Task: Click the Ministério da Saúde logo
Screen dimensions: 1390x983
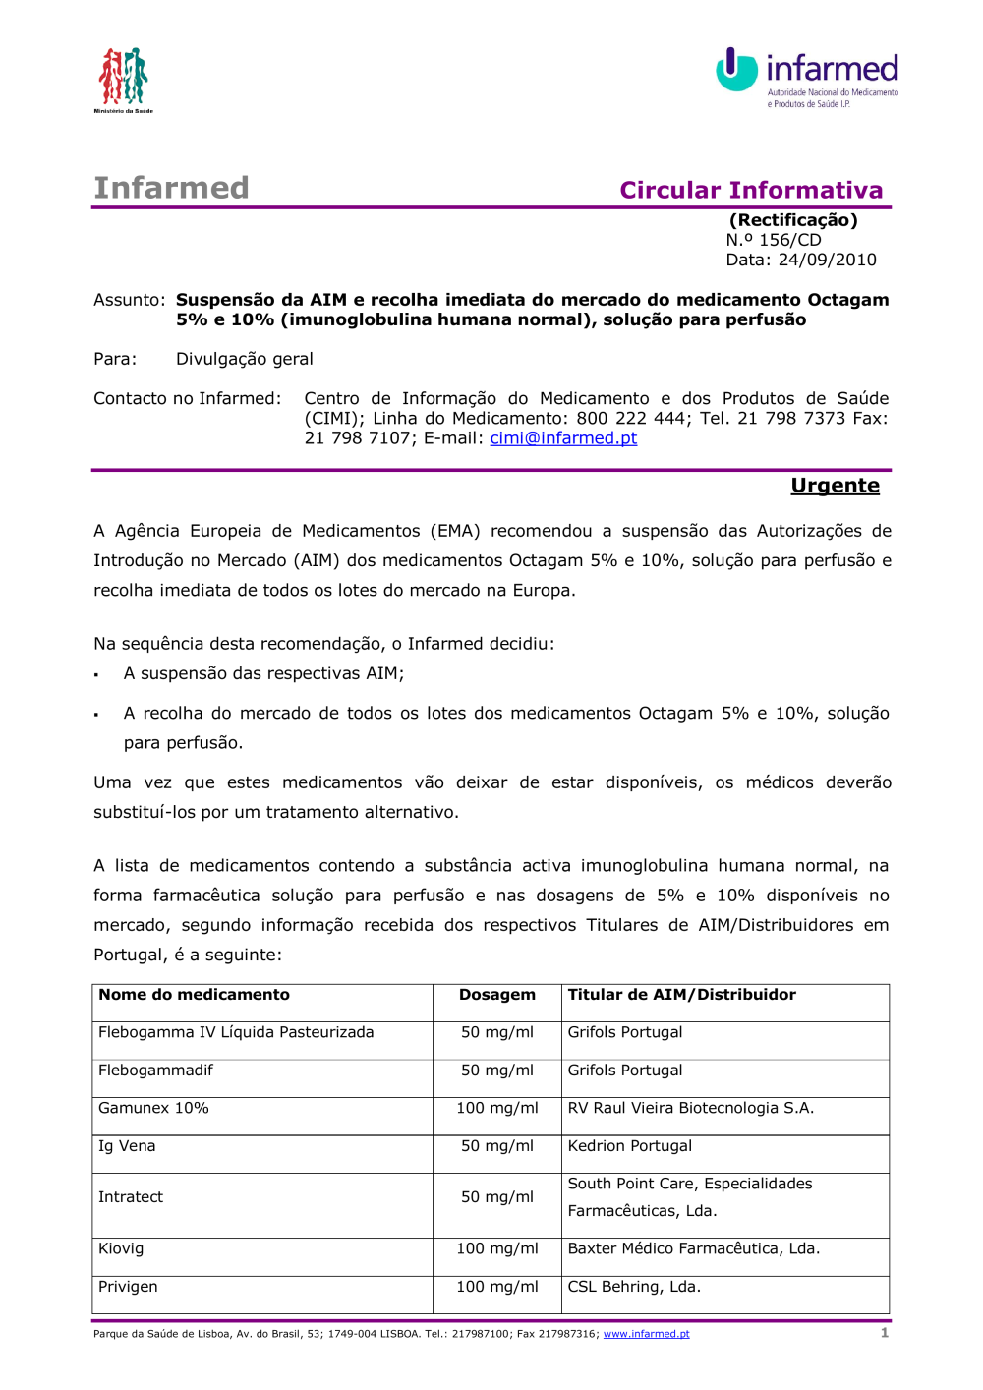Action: coord(123,79)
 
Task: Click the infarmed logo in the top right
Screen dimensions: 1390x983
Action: coord(807,77)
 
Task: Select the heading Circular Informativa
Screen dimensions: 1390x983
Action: coord(751,190)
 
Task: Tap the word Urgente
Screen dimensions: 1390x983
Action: coord(835,486)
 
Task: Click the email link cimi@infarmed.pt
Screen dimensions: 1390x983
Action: coord(563,438)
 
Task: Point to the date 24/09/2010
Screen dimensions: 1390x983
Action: coord(827,260)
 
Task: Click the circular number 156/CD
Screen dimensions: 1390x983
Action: coord(789,240)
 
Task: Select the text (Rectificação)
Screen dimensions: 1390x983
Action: coord(793,220)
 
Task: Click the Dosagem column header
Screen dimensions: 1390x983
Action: coord(497,995)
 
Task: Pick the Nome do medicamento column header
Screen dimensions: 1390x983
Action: coord(195,995)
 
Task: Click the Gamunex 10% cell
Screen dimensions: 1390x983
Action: coord(153,1108)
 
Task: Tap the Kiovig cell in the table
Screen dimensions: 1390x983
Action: coord(121,1248)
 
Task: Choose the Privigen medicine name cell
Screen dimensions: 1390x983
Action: coord(128,1287)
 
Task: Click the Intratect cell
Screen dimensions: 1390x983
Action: coord(131,1197)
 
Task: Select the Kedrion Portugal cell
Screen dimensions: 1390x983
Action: coord(630,1146)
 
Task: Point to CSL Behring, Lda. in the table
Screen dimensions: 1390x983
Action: coord(634,1287)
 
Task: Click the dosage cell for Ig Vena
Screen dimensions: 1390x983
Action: coord(497,1146)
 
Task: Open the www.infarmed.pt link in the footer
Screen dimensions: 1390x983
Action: coord(646,1334)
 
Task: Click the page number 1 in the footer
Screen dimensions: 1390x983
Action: coord(885,1333)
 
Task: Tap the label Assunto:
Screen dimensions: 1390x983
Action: coord(129,300)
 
